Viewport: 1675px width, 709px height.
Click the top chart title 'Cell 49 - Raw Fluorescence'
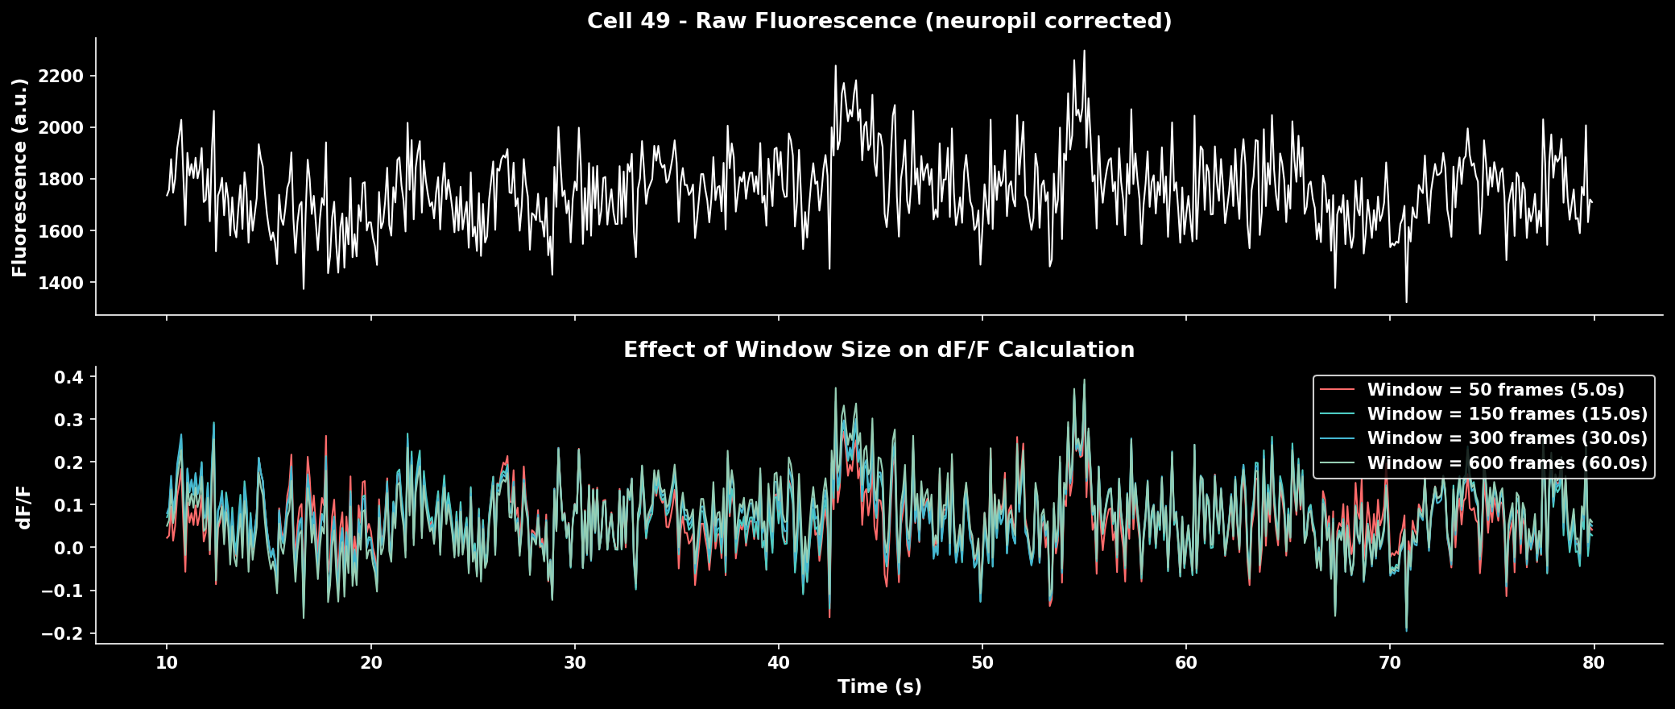click(879, 21)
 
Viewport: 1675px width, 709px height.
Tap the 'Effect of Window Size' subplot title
click(879, 350)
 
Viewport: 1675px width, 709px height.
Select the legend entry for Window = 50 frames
click(1495, 390)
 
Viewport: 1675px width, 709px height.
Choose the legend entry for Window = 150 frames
click(1507, 414)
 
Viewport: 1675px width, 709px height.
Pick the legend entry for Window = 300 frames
click(1507, 438)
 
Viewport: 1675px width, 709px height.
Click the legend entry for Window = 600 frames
click(1507, 463)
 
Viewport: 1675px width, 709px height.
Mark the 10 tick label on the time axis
click(167, 663)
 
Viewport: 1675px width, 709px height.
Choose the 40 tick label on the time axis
click(779, 663)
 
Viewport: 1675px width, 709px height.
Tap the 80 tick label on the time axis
click(1594, 663)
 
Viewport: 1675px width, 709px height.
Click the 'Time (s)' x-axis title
click(879, 686)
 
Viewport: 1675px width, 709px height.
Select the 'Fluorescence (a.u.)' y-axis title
click(20, 177)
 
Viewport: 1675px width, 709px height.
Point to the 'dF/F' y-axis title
click(24, 506)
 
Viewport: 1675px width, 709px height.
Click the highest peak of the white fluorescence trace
click(1084, 51)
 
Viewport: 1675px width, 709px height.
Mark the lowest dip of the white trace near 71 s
click(1407, 302)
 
